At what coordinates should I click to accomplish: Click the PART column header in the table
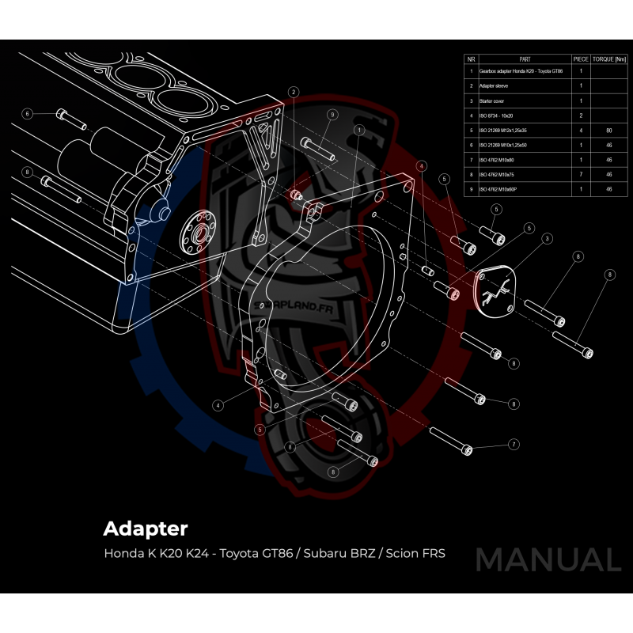(525, 59)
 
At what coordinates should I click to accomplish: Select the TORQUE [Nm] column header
(609, 59)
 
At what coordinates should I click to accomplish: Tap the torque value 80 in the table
(609, 130)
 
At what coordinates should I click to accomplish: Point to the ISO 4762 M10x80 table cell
(496, 160)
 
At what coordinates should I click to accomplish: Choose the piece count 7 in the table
(582, 174)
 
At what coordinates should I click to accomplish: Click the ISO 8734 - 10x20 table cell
(496, 116)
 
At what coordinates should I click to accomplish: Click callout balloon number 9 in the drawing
(333, 115)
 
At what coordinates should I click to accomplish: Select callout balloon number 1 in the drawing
(359, 129)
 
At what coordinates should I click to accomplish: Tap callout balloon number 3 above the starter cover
(547, 238)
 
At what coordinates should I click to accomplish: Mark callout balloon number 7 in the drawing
(514, 445)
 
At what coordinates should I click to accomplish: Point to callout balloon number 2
(294, 93)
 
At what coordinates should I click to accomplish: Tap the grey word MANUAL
(548, 560)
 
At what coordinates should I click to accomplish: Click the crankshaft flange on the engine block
(195, 230)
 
